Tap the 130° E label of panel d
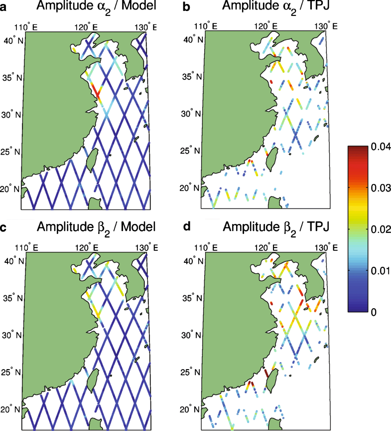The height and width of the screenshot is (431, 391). pos(324,246)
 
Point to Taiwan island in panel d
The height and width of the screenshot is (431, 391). pos(271,383)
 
